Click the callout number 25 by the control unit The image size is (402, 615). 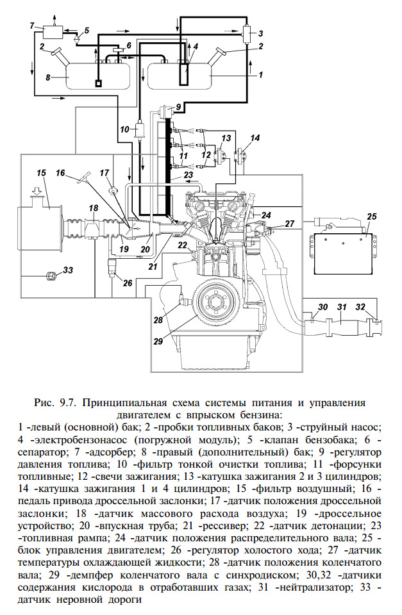[371, 216]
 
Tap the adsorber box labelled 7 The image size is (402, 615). [53, 31]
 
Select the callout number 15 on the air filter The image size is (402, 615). [41, 173]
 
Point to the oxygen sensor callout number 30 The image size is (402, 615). [322, 307]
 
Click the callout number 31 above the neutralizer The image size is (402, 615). [342, 307]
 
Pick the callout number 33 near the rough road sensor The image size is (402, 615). [68, 270]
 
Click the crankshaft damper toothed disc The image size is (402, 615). [216, 302]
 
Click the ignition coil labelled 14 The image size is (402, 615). [240, 156]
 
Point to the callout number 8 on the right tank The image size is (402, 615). [48, 78]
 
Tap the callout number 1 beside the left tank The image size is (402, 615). [260, 74]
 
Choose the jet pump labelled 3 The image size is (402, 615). [247, 33]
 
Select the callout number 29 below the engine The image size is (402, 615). [158, 341]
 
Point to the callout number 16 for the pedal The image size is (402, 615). [60, 172]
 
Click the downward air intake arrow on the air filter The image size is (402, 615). [36, 191]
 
